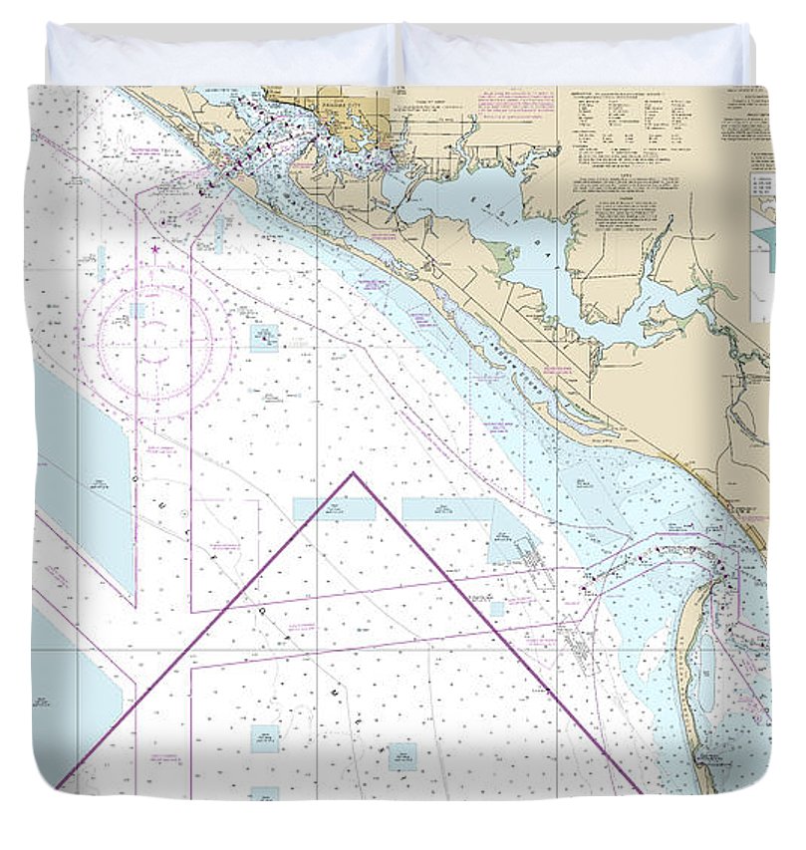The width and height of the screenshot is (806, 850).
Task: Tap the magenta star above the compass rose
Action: (x=155, y=248)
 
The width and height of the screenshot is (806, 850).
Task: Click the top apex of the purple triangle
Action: (x=353, y=474)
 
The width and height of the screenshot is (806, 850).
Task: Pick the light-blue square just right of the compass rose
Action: (x=264, y=339)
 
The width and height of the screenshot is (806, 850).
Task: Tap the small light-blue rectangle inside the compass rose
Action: (x=136, y=311)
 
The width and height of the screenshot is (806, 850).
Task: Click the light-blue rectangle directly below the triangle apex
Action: (x=335, y=509)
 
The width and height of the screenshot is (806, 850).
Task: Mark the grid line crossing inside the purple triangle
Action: (x=317, y=653)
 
